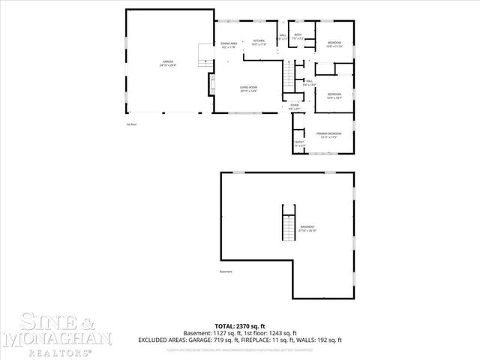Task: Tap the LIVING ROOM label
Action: point(249,89)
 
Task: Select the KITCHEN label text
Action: point(259,43)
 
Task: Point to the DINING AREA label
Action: point(229,45)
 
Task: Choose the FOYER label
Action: point(295,106)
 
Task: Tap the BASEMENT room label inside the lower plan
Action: point(307,228)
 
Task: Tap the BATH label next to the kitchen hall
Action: point(298,36)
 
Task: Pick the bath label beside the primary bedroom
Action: point(298,144)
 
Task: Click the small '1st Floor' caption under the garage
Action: point(131,124)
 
